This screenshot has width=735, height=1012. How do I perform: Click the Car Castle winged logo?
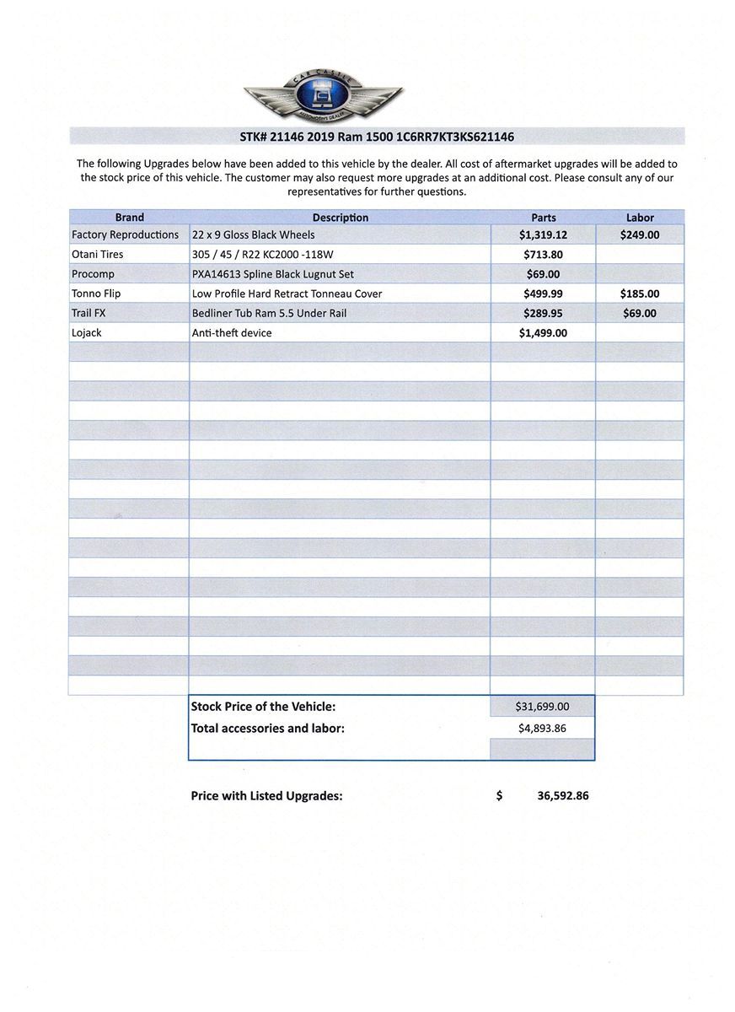pos(323,94)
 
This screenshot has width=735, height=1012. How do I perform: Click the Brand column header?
pos(129,218)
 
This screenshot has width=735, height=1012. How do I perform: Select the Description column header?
pos(340,218)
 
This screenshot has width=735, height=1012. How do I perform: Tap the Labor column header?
pos(640,218)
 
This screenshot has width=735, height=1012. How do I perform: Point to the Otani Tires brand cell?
pos(98,255)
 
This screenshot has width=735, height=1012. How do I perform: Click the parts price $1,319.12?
pos(543,235)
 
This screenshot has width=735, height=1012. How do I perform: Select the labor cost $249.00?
pos(640,235)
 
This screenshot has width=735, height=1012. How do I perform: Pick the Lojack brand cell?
pos(87,333)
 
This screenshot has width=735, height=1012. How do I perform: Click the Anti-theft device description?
pos(232,333)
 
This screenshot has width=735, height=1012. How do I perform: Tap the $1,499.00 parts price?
pos(543,333)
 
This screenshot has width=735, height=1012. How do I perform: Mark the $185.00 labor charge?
pos(640,294)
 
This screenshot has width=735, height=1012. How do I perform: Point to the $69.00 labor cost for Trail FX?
pos(640,314)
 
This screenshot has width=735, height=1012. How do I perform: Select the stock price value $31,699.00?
pos(542,707)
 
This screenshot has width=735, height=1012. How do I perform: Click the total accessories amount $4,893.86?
pos(542,728)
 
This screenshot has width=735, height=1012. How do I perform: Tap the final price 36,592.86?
pos(562,795)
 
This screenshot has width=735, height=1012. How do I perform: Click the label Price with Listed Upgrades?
pos(266,795)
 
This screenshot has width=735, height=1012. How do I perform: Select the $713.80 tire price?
pos(543,255)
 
